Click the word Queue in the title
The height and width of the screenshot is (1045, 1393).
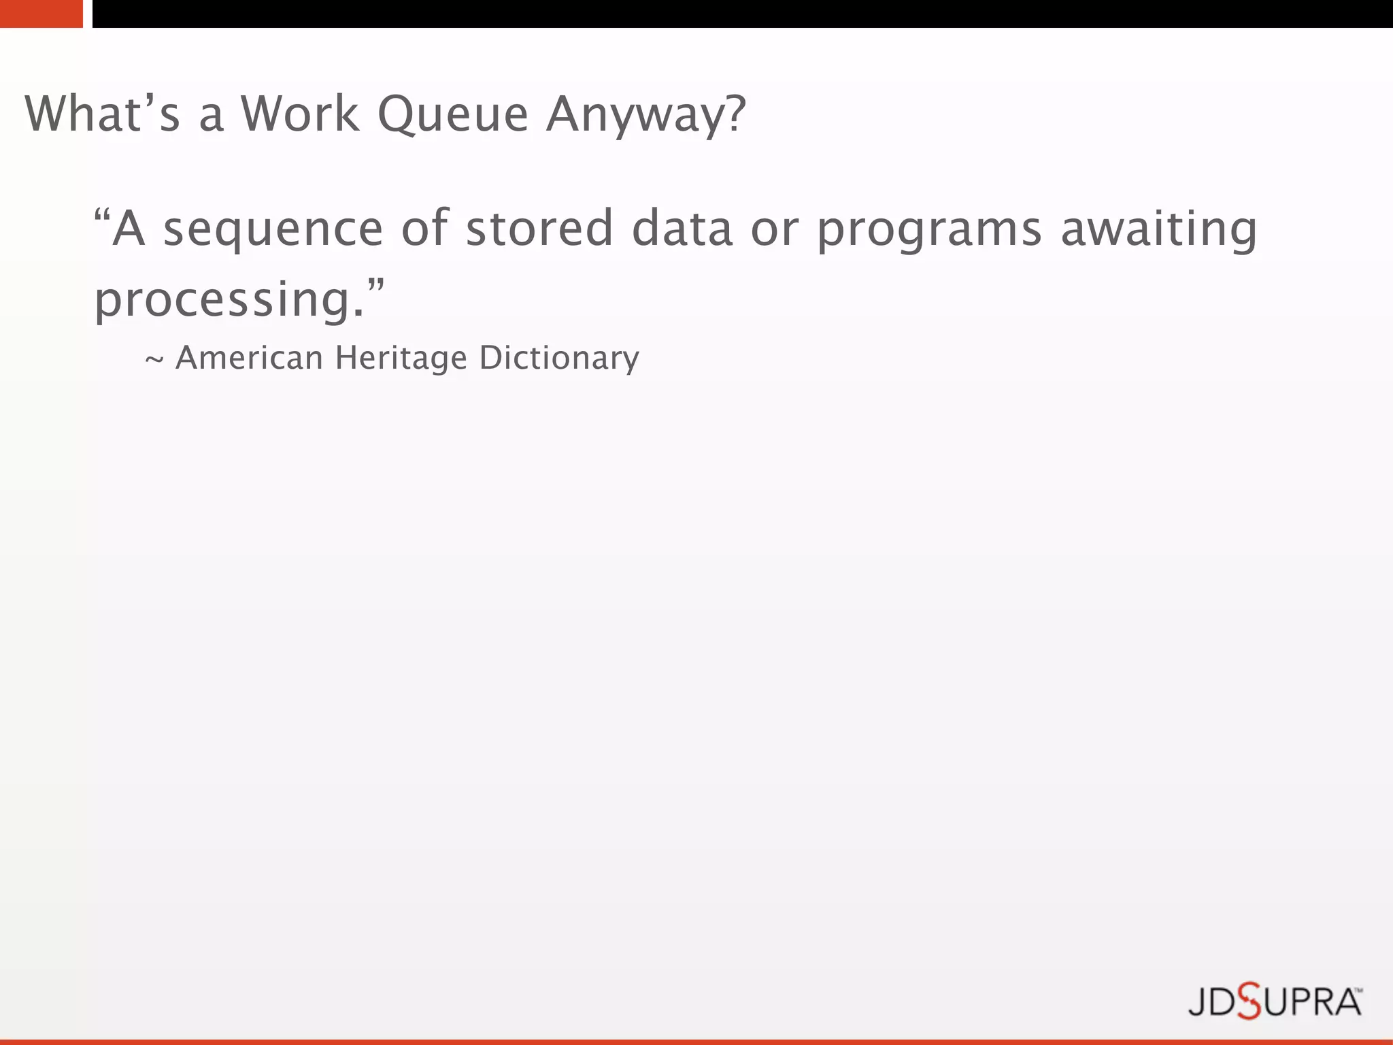(453, 114)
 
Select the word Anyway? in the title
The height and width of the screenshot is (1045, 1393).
(646, 114)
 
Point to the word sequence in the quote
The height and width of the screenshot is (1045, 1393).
(273, 230)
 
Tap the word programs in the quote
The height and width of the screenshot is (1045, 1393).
(930, 230)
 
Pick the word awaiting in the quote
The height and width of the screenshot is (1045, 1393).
(1159, 229)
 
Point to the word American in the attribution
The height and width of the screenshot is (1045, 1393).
(249, 357)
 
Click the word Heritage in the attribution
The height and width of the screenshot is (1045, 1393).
(401, 359)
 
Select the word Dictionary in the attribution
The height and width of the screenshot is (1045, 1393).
(559, 359)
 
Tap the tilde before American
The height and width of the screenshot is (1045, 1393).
(154, 359)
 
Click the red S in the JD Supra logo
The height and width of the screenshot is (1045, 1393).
(1249, 1001)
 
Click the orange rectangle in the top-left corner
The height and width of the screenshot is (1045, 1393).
(41, 14)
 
